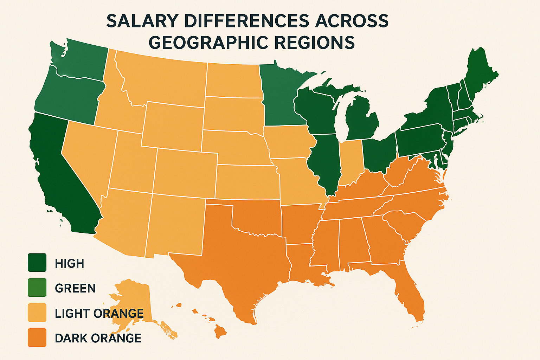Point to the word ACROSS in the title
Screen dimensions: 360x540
352,21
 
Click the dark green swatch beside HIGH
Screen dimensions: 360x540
37,263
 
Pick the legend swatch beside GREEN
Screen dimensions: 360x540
37,288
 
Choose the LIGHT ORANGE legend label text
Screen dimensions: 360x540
99,313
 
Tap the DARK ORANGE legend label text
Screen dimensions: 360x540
98,338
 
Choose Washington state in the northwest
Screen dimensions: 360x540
83,60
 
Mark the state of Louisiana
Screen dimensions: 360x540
302,264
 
